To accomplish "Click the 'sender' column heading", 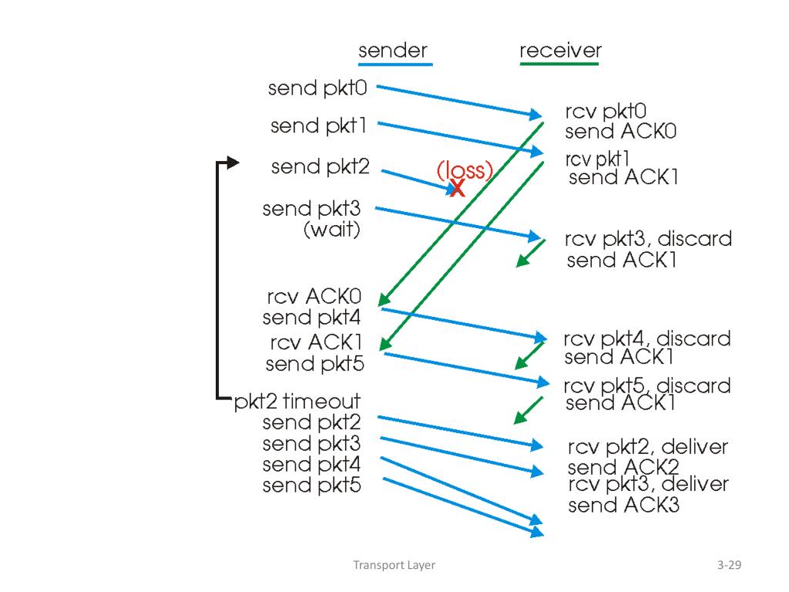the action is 393,51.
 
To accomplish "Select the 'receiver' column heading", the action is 560,50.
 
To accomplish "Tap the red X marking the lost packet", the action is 458,188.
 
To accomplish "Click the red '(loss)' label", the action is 465,170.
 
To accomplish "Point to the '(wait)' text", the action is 332,230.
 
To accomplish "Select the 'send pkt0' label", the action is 317,88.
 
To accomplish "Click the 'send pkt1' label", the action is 318,126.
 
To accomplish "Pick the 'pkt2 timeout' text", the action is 297,401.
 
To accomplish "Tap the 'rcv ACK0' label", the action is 314,297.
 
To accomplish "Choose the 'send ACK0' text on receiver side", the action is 620,131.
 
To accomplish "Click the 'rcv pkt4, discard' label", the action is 647,339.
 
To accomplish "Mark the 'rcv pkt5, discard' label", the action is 647,386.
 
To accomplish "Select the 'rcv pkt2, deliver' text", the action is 648,447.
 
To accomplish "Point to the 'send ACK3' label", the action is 624,505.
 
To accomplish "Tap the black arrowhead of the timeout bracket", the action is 233,163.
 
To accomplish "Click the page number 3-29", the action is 729,565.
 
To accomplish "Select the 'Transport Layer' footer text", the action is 394,565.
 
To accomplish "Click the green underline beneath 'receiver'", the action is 559,64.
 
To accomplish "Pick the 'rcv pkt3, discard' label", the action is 648,239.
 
